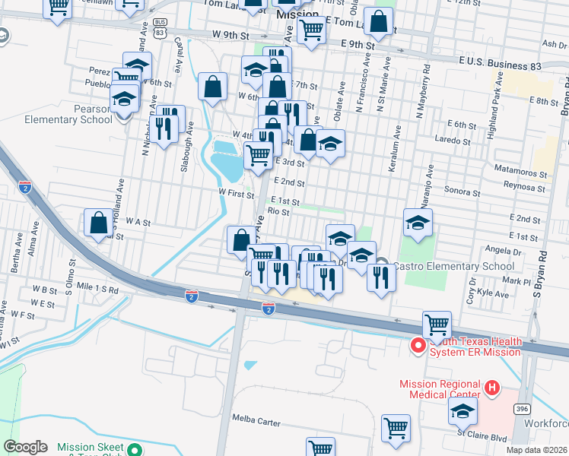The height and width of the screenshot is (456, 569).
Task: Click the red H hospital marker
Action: coord(492,388)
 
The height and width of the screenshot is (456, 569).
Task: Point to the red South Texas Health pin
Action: coord(418,346)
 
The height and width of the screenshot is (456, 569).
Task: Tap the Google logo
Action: coord(26,447)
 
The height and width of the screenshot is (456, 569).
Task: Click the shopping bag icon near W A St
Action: coord(98,223)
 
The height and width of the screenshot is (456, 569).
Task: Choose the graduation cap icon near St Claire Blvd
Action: coord(462,411)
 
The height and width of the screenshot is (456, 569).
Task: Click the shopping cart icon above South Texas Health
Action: coord(437,325)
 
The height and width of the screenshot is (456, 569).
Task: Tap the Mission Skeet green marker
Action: coord(135,448)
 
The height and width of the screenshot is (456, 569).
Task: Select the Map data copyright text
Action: coord(536,450)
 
